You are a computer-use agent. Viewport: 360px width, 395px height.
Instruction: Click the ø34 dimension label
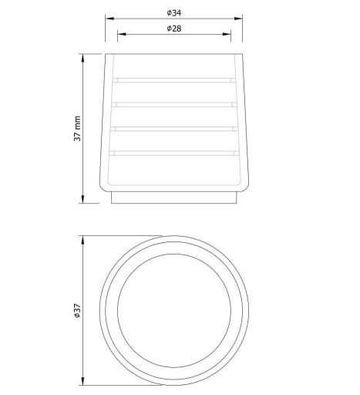pyautogui.click(x=174, y=13)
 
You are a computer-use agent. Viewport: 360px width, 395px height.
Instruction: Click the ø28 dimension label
pyautogui.click(x=174, y=29)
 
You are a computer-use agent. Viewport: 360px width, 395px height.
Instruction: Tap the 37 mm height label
pyautogui.click(x=77, y=129)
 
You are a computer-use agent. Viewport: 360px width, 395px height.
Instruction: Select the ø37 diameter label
pyautogui.click(x=77, y=311)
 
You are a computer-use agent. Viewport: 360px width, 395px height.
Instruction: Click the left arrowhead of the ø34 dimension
pyautogui.click(x=109, y=19)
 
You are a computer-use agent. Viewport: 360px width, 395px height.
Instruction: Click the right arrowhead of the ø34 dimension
pyautogui.click(x=238, y=19)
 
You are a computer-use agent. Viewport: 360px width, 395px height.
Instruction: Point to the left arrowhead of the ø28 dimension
pyautogui.click(x=122, y=34)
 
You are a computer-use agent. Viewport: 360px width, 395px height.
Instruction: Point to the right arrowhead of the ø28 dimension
pyautogui.click(x=227, y=34)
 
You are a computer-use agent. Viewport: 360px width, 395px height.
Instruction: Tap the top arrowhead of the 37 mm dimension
pyautogui.click(x=82, y=59)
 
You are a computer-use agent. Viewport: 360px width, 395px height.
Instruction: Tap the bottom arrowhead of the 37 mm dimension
pyautogui.click(x=82, y=199)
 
